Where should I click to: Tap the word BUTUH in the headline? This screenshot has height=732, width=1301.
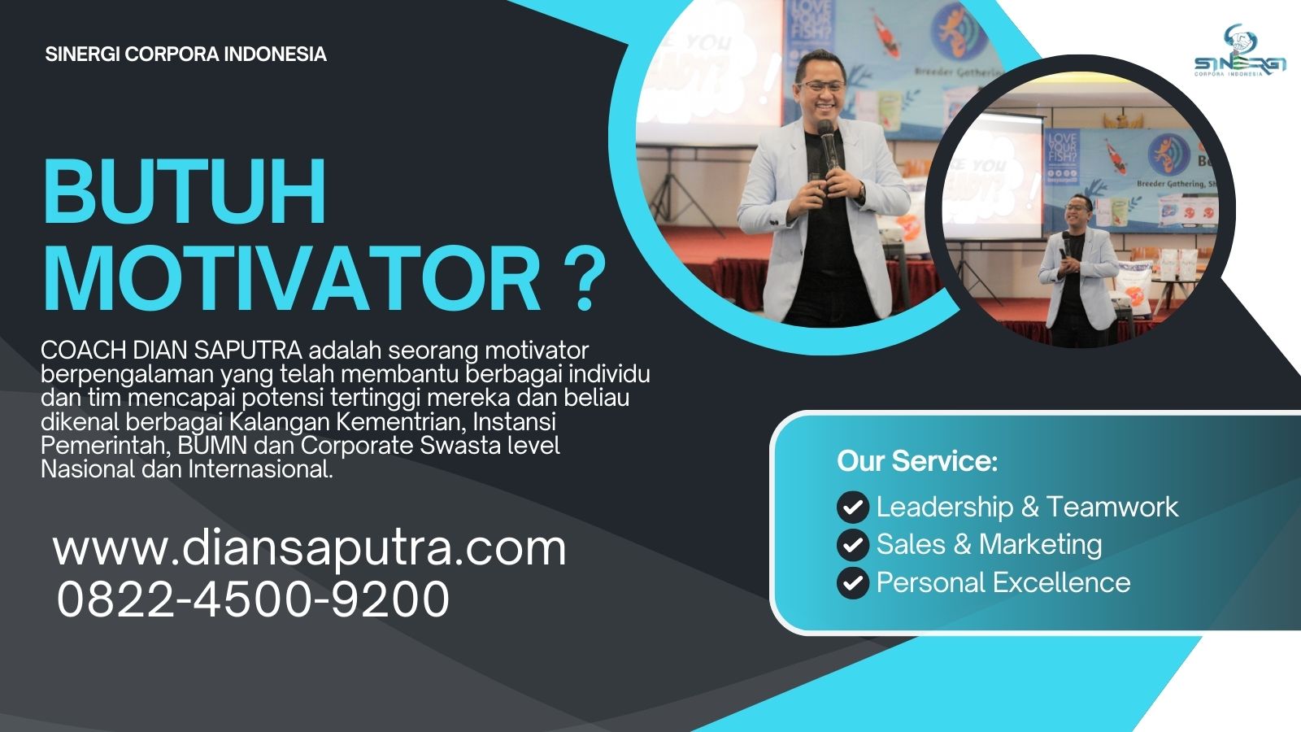(x=185, y=192)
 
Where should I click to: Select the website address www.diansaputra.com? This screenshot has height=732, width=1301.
(x=310, y=548)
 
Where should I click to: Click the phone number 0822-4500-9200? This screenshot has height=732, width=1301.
(x=253, y=599)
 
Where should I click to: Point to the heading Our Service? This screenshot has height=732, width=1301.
(x=917, y=460)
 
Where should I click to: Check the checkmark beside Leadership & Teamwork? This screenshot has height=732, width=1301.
(x=853, y=508)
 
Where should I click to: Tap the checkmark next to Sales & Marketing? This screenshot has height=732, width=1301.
(x=853, y=545)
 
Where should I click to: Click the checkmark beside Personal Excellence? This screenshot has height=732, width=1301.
(x=853, y=582)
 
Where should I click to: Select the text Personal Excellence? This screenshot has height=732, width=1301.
(x=1003, y=582)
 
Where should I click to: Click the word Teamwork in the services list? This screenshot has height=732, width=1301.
(x=1112, y=507)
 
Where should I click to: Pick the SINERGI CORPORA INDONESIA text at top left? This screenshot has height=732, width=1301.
(x=186, y=54)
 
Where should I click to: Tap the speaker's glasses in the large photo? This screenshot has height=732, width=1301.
(x=821, y=87)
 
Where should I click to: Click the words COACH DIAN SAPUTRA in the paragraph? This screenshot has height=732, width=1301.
(x=172, y=351)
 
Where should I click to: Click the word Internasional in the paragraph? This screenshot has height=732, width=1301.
(x=260, y=469)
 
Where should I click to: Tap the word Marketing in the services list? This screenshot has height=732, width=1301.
(x=1040, y=544)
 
